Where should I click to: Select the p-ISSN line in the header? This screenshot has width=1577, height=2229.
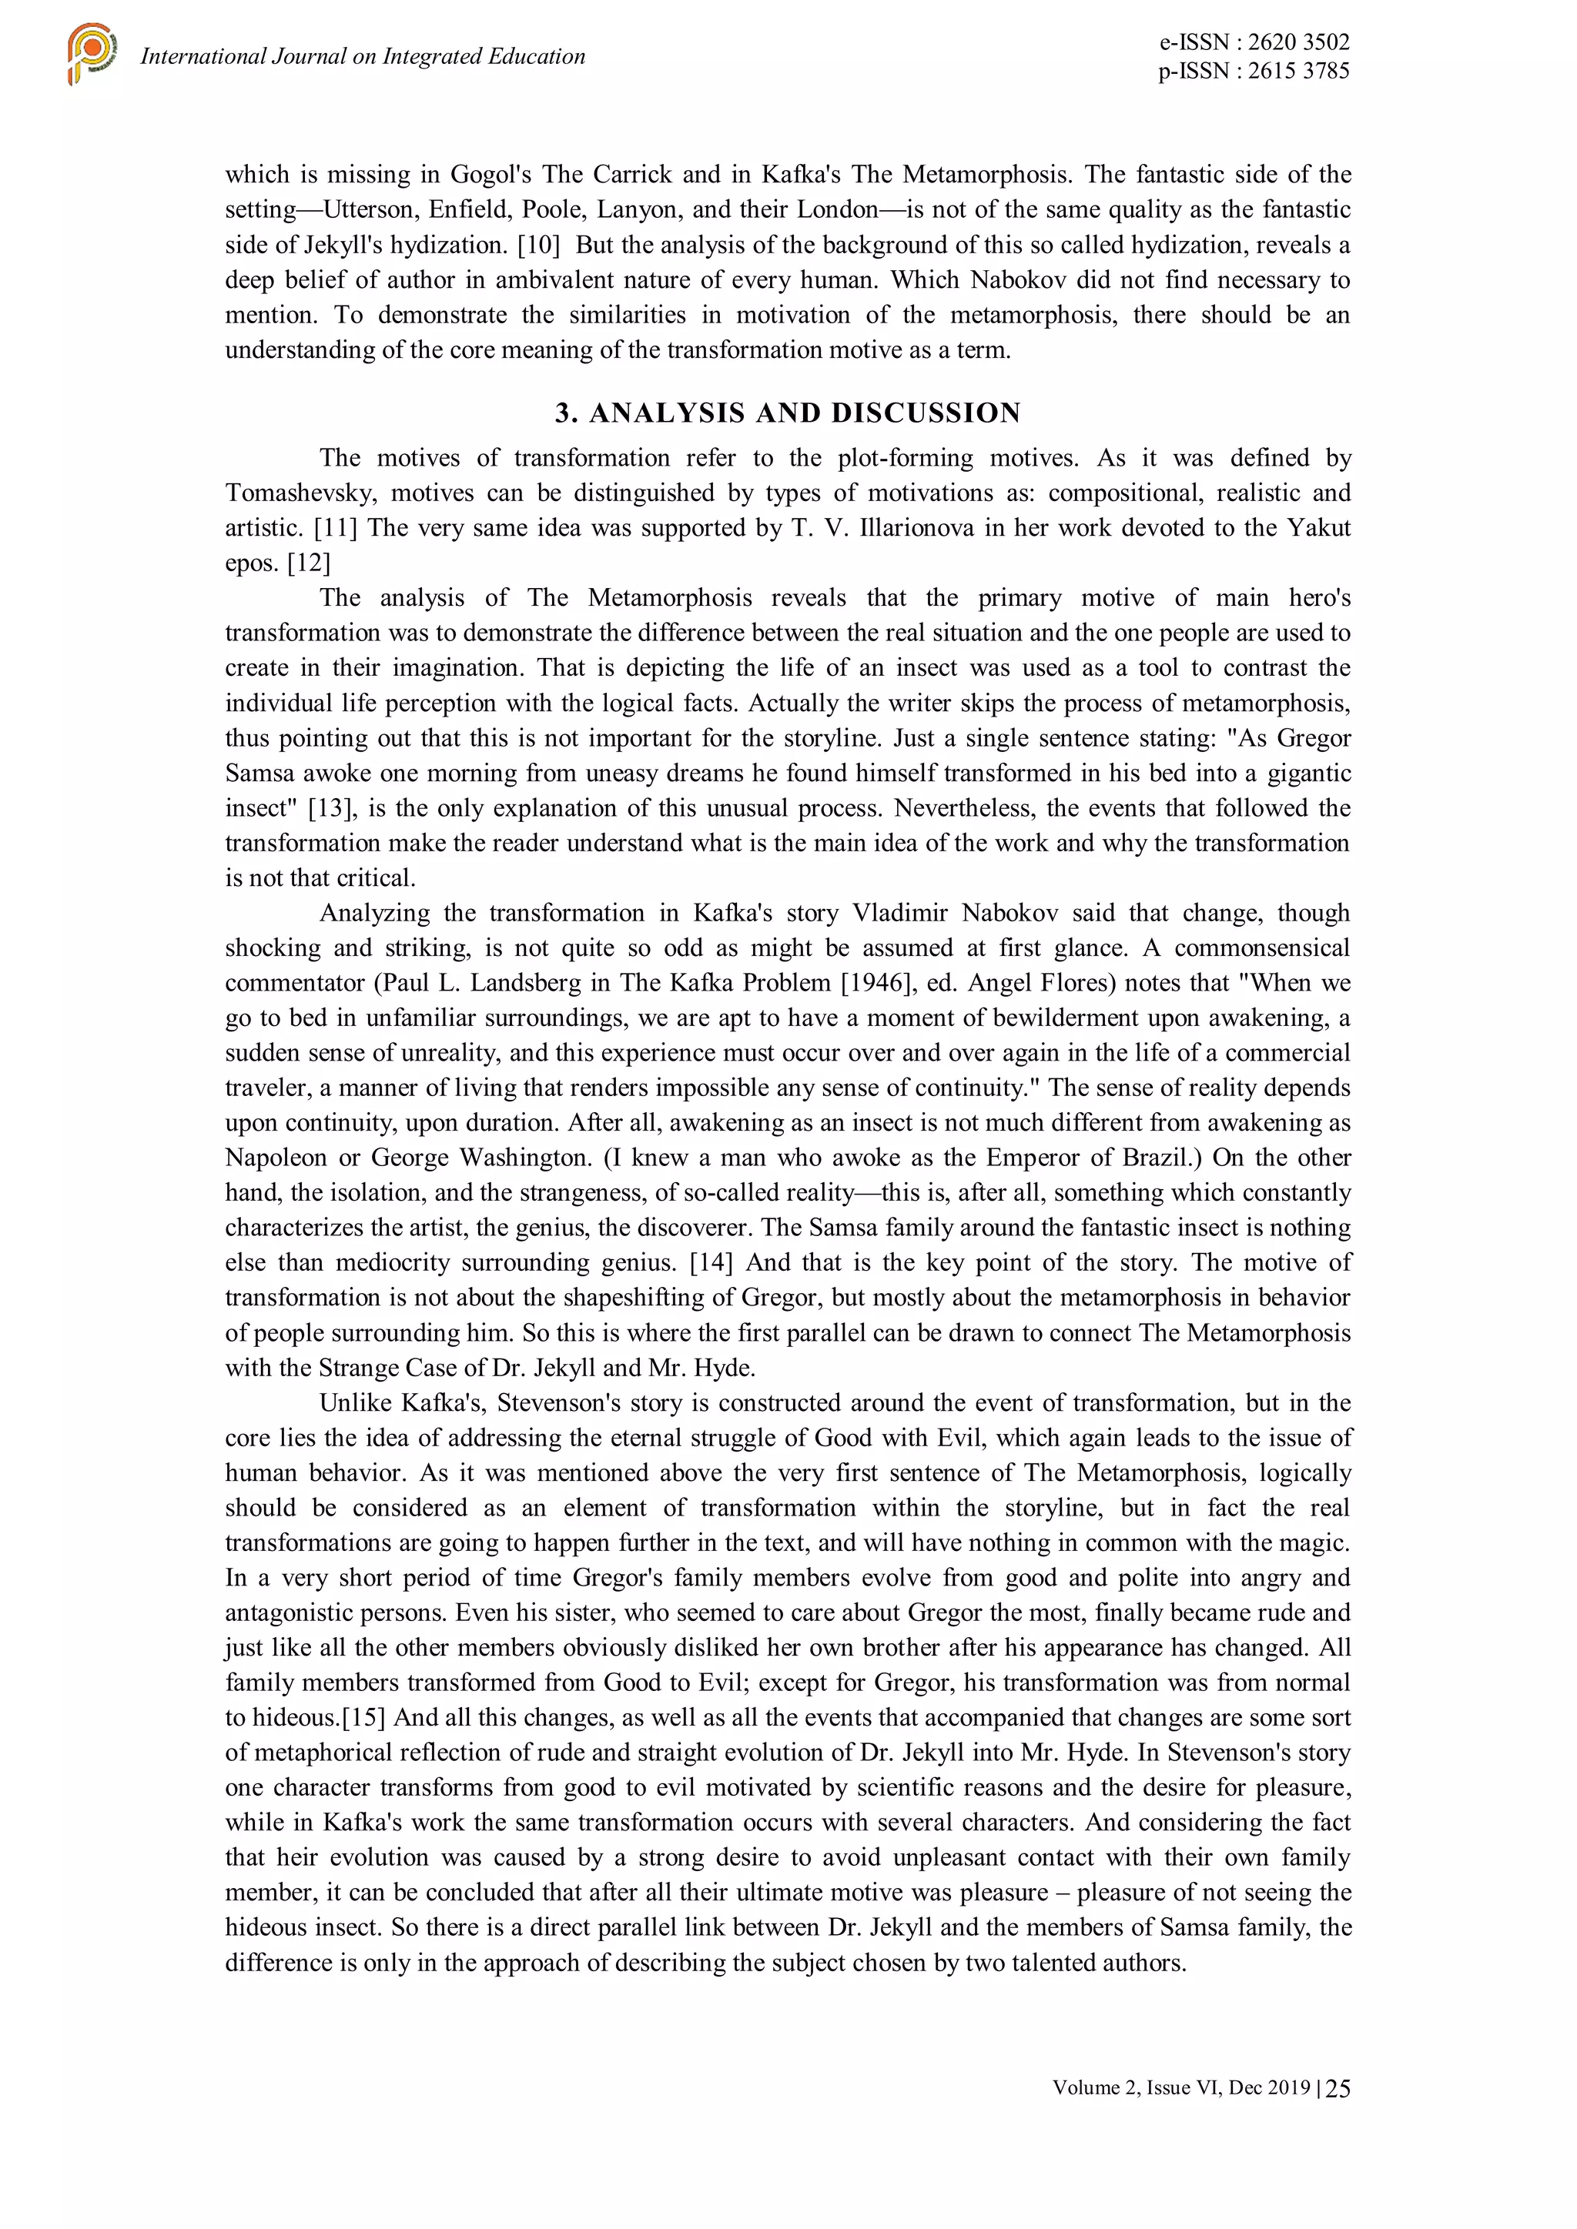click(x=1253, y=70)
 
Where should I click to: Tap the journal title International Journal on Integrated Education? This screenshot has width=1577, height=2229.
click(x=362, y=56)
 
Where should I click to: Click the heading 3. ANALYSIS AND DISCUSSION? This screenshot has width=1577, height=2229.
click(x=788, y=413)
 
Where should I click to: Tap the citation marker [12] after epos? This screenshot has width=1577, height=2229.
click(x=309, y=563)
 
